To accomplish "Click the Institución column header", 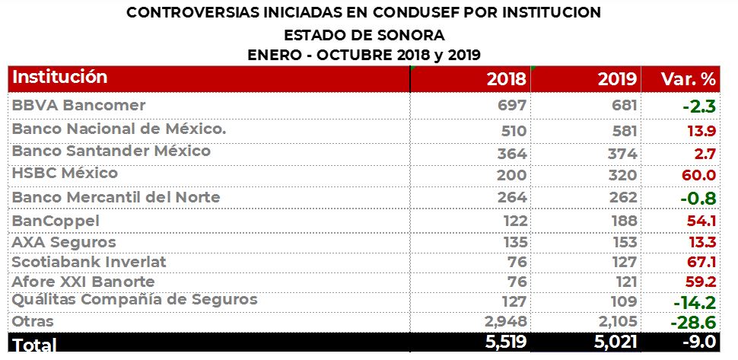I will [x=60, y=78].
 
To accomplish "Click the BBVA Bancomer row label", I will [x=78, y=105].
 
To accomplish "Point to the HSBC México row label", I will [x=65, y=174].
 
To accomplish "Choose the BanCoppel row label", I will [x=56, y=221].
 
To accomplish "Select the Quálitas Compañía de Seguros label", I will [x=135, y=299].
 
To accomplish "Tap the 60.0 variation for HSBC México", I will [x=699, y=175].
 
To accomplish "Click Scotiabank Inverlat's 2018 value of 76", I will [x=518, y=263].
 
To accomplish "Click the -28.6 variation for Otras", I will [x=692, y=323].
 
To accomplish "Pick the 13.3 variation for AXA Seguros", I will [x=701, y=242].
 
